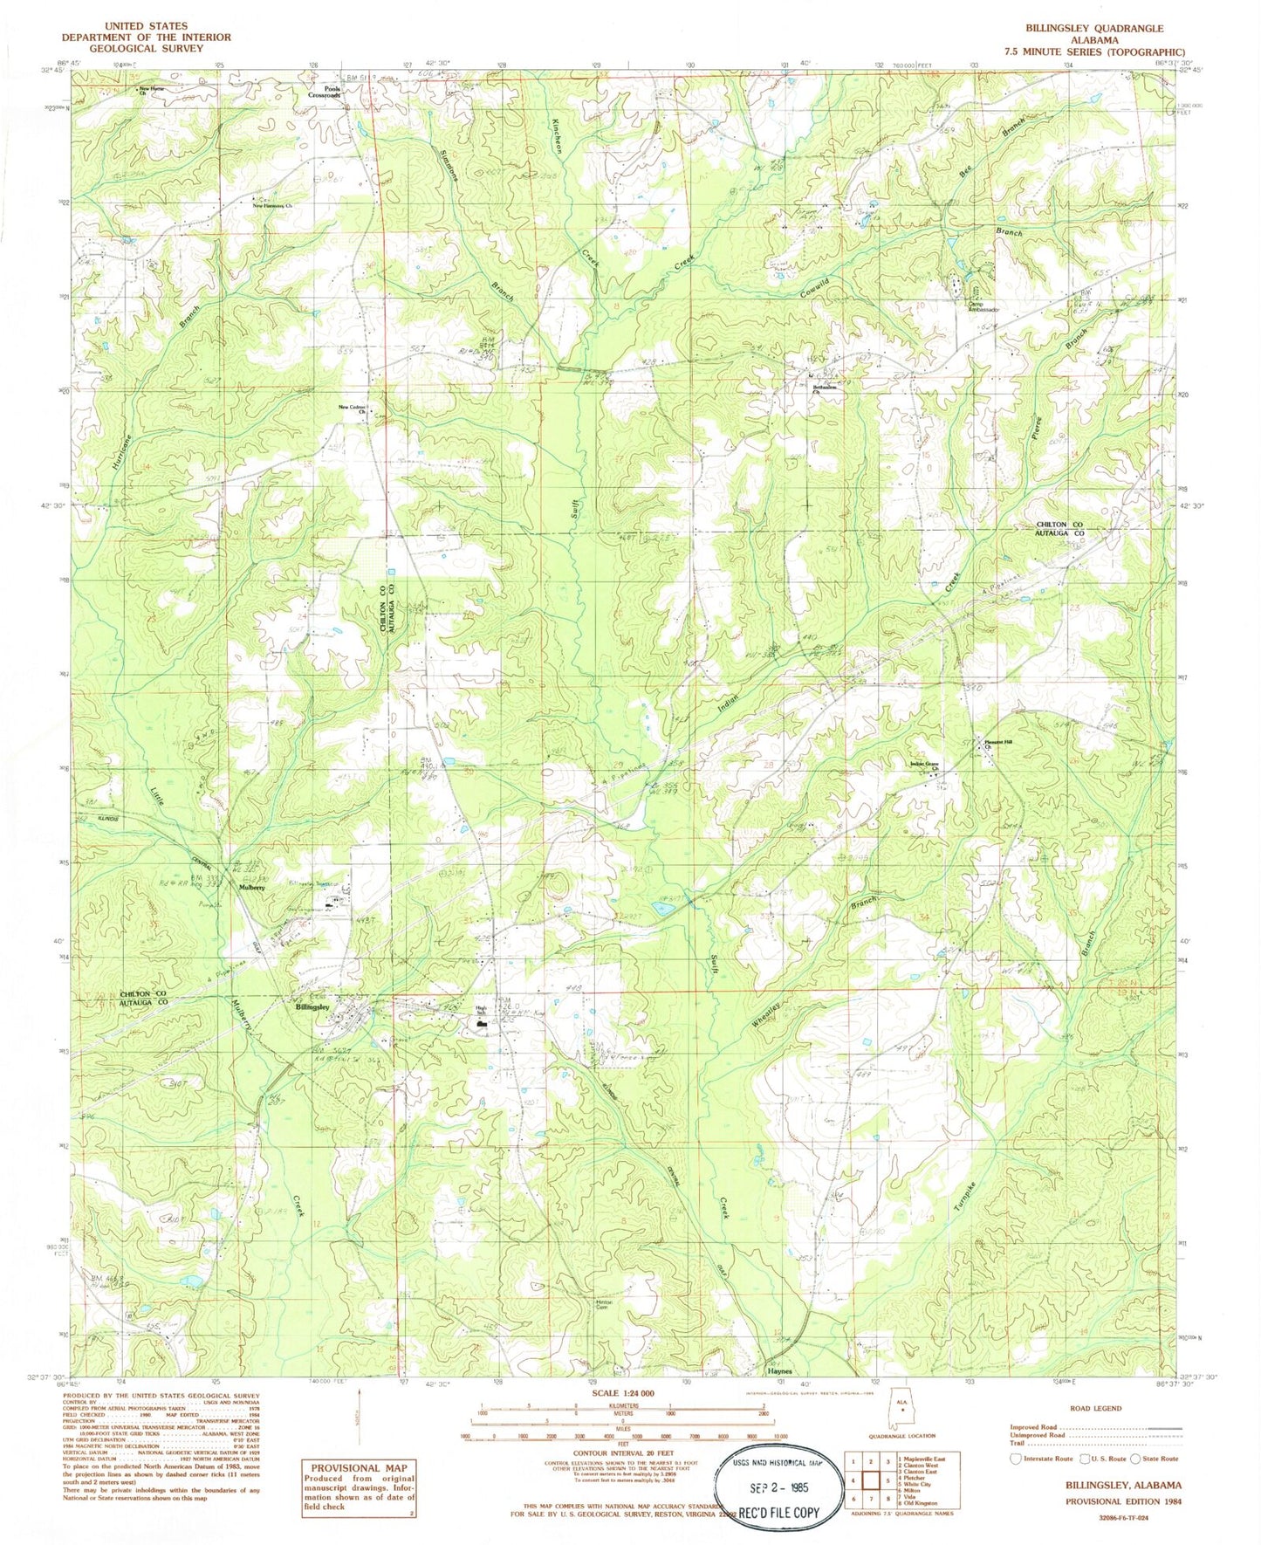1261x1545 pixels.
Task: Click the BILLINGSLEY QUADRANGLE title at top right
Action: [1094, 29]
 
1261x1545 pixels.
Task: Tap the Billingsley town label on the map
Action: [312, 1006]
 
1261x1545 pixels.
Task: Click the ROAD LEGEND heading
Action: [1093, 1409]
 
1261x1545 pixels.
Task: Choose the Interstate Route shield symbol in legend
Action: [1014, 1458]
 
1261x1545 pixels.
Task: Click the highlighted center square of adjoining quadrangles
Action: [868, 1480]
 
